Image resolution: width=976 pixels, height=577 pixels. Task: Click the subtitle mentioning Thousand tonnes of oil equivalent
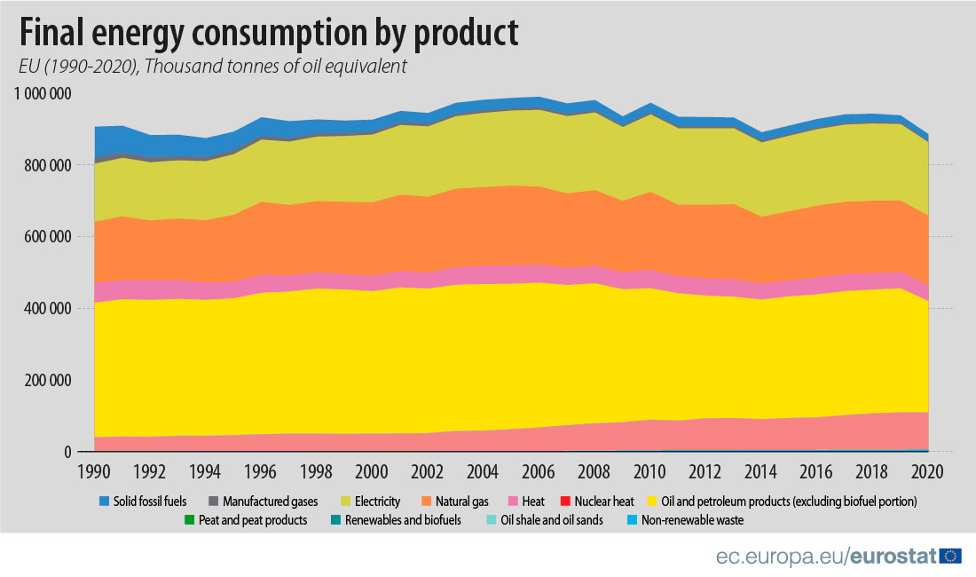[213, 67]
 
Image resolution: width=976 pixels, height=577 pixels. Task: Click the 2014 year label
[760, 470]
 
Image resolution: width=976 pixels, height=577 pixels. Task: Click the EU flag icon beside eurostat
[951, 557]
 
